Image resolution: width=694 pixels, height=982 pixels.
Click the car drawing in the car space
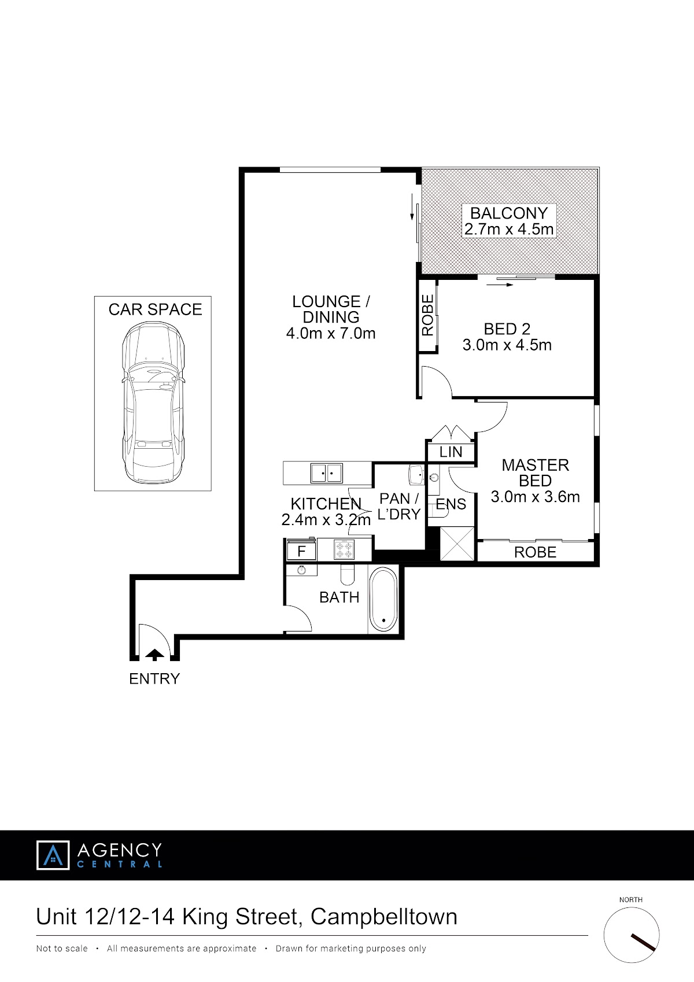[153, 403]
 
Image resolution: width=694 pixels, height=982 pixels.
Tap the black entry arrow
[154, 655]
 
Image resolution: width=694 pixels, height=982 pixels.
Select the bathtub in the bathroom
[383, 599]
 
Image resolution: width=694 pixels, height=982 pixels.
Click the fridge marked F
[301, 551]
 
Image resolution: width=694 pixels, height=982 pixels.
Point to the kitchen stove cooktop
[344, 550]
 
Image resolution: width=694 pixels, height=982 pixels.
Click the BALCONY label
[509, 213]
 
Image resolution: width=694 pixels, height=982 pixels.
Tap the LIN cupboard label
[451, 452]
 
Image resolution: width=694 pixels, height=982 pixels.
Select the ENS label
[451, 504]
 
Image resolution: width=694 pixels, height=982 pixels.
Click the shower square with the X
[457, 544]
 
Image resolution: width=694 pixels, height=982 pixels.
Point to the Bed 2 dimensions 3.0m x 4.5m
[507, 345]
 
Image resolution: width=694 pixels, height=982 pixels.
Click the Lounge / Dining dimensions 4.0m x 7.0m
[331, 333]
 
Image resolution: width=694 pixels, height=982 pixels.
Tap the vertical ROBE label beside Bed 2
[427, 315]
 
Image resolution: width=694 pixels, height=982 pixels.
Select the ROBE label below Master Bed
[536, 552]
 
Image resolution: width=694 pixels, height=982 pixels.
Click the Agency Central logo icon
[53, 855]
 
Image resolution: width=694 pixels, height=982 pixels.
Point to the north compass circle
[632, 935]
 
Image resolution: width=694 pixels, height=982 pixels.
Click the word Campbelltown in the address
[384, 917]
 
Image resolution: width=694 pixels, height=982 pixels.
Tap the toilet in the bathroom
[347, 574]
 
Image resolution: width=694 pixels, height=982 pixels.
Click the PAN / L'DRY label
[399, 507]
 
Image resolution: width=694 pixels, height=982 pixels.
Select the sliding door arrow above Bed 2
[500, 285]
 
